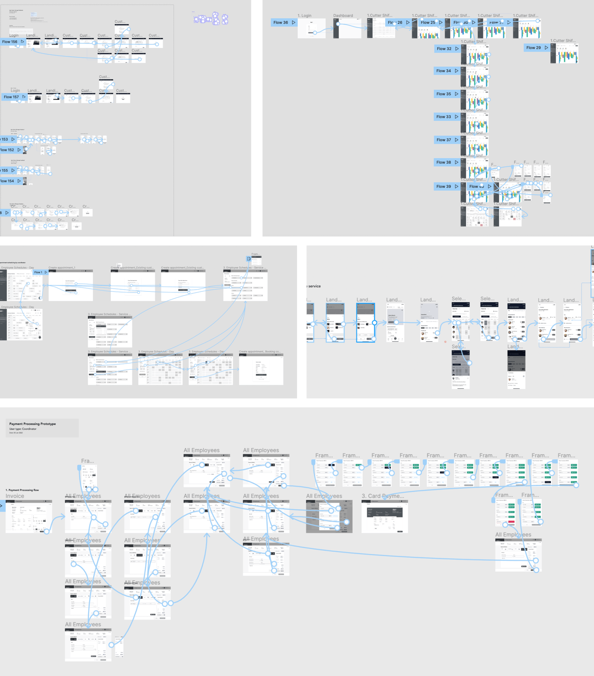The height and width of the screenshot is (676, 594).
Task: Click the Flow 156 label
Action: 10,42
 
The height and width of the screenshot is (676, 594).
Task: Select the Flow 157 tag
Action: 12,97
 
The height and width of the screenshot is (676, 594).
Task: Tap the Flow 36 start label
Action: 281,23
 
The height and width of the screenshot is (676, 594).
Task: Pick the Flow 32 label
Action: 444,49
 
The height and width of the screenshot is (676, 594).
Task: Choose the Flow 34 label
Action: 444,71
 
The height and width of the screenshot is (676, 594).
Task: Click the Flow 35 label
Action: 444,94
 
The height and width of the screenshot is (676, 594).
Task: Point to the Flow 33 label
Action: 444,117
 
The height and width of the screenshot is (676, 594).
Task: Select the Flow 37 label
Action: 444,140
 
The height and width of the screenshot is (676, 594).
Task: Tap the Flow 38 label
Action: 444,163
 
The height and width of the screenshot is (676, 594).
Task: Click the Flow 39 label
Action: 444,187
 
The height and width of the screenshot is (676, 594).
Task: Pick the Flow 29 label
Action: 534,48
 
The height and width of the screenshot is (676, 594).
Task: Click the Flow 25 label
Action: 428,23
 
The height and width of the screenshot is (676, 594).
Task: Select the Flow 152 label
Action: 7,150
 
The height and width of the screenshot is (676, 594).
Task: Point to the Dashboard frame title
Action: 343,16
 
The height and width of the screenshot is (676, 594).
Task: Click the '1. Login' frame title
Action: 305,16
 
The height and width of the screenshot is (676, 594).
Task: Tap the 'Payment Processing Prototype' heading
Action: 33,424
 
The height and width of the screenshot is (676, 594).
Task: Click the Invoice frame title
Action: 15,496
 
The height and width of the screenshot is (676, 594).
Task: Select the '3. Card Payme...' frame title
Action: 383,496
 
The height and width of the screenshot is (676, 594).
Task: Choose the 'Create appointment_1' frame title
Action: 62,268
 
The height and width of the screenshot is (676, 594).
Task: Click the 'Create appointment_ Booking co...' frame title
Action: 259,352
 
